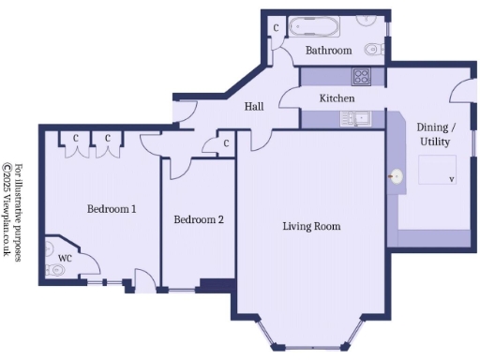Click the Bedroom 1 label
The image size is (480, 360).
pyautogui.click(x=112, y=209)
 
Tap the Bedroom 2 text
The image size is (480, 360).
pyautogui.click(x=199, y=220)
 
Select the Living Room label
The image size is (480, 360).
pyautogui.click(x=311, y=226)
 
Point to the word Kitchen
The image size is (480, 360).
pyautogui.click(x=337, y=98)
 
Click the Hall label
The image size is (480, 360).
pyautogui.click(x=254, y=107)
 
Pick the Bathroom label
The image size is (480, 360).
pyautogui.click(x=329, y=51)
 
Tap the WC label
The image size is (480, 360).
pyautogui.click(x=65, y=256)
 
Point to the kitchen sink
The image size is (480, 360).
pyautogui.click(x=356, y=118)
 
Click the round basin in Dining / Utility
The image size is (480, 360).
pyautogui.click(x=396, y=175)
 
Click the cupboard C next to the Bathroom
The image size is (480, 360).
pyautogui.click(x=276, y=27)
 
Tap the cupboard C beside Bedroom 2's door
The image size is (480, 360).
pyautogui.click(x=227, y=143)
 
